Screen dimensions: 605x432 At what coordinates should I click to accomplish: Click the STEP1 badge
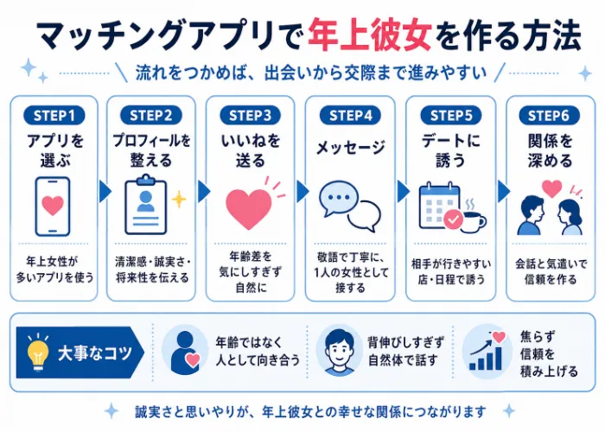tap(54, 115)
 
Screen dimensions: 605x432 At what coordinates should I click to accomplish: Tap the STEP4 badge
tap(350, 115)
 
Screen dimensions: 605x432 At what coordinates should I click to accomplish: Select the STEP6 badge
tap(550, 115)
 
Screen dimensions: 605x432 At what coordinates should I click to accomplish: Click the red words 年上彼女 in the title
tap(370, 35)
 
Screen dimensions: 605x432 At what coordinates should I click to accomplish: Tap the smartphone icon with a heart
tap(53, 206)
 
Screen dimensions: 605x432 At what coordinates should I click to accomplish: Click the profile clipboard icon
tap(146, 205)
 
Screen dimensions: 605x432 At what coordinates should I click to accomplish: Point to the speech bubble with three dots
tap(339, 198)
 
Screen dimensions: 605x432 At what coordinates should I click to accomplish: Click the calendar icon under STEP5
tap(440, 206)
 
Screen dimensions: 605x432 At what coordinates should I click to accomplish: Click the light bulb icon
tap(38, 353)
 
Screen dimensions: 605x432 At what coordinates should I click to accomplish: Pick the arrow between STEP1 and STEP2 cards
tap(105, 191)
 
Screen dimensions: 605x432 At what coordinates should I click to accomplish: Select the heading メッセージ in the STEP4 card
tap(350, 148)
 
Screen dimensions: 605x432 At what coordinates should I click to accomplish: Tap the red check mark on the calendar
tap(454, 219)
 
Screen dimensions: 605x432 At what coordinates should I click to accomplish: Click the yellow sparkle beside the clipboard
tap(179, 199)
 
